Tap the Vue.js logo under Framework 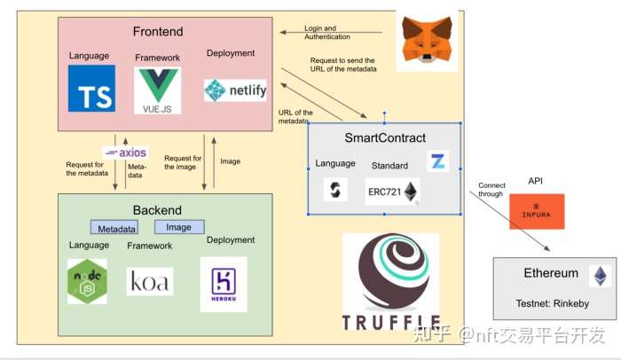(158, 90)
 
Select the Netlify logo (235, 90)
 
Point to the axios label (126, 153)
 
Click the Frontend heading (158, 32)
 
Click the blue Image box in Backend (179, 227)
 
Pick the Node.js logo (87, 281)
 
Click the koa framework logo (150, 281)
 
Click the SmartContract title (385, 138)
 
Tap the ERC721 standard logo (392, 191)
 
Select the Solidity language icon (335, 189)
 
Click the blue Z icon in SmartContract (438, 161)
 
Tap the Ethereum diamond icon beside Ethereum (601, 276)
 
